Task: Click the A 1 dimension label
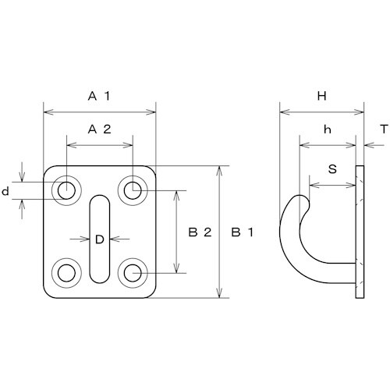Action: [99, 97]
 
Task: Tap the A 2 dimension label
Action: [99, 129]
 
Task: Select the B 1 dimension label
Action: [242, 232]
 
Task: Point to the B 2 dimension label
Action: [200, 232]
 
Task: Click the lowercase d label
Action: [5, 192]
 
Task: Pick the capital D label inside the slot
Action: [100, 239]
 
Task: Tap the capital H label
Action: [322, 97]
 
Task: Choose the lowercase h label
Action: [328, 129]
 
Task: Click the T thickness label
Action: [384, 129]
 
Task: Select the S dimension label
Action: [332, 169]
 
